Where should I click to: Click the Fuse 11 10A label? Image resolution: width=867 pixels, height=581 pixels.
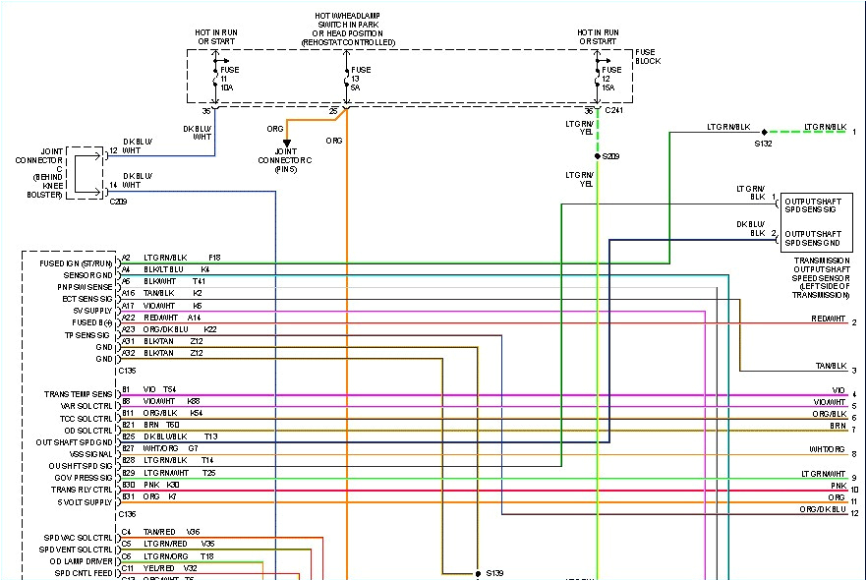click(227, 78)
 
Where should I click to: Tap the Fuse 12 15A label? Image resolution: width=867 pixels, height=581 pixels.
click(610, 78)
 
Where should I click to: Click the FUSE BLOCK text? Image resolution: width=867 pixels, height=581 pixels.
click(648, 56)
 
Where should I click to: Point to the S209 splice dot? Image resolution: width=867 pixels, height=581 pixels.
click(597, 155)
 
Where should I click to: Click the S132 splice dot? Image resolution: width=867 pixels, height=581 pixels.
click(764, 131)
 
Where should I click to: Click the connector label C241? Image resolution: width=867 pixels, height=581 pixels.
click(614, 110)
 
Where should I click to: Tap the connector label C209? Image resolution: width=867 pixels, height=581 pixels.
click(119, 201)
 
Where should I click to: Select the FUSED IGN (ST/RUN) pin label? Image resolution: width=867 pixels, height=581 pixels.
click(78, 263)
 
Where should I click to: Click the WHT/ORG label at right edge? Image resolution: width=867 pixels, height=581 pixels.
click(827, 449)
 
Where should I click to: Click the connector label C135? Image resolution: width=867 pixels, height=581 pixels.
click(128, 371)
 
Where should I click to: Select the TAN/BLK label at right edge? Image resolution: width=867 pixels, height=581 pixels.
click(830, 366)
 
